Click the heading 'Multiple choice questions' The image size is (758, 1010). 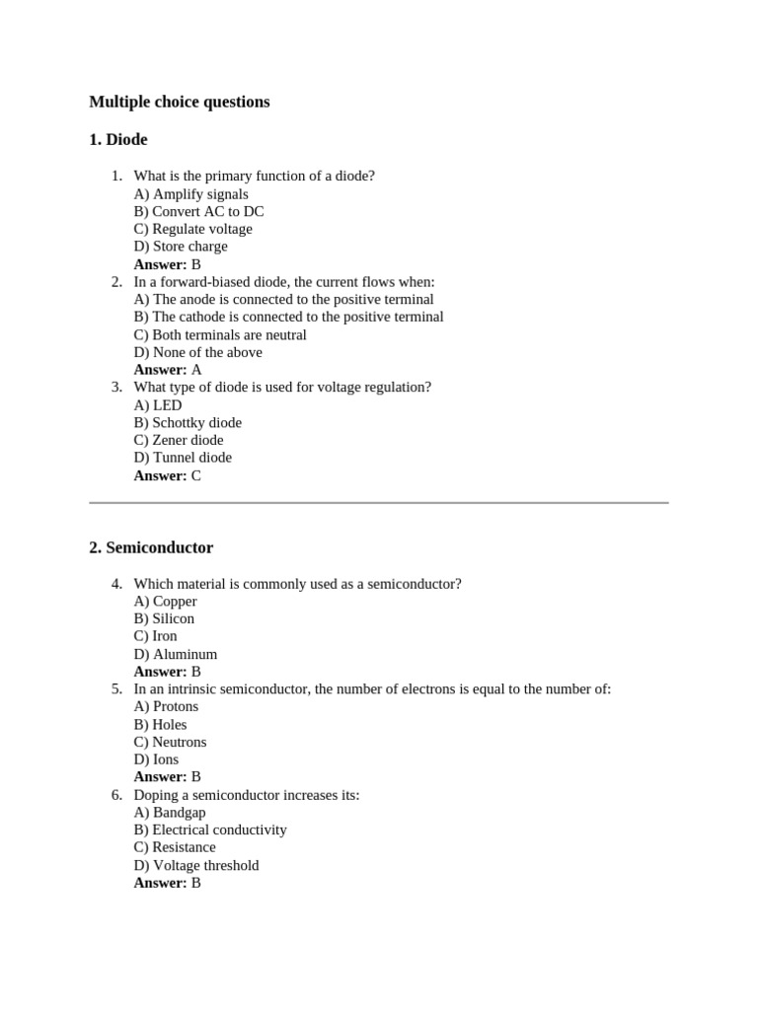179,103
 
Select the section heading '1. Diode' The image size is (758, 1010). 118,140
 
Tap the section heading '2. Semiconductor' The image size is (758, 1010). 151,547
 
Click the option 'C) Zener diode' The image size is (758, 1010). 179,440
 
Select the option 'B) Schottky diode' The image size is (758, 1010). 188,422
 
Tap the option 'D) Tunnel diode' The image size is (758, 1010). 183,458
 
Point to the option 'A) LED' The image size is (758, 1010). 158,405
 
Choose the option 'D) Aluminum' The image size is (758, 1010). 176,654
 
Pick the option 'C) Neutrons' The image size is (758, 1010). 170,742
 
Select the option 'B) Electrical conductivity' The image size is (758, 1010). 210,830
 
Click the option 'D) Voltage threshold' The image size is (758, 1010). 196,865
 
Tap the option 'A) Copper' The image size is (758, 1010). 165,601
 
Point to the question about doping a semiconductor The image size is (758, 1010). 246,795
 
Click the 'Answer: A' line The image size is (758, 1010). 168,370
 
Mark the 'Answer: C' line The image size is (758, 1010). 168,475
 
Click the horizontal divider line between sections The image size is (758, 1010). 379,503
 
